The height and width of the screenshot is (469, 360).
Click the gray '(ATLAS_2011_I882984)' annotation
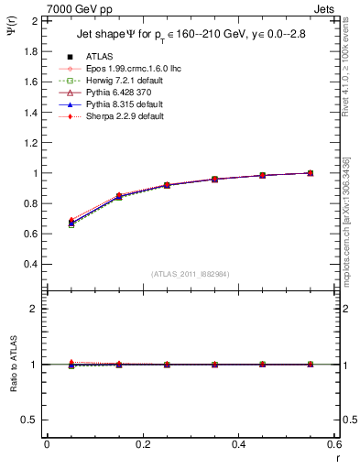pos(190,275)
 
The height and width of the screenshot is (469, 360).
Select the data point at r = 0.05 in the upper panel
pos(71,224)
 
